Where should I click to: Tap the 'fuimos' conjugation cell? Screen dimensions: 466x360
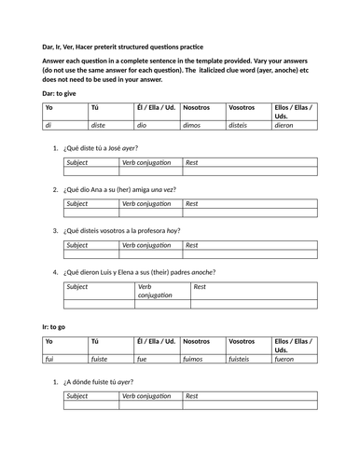tap(197, 358)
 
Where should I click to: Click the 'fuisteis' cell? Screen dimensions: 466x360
tap(244, 358)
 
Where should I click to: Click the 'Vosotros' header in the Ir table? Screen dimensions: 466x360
tap(245, 341)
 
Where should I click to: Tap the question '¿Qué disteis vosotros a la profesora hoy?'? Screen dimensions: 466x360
tap(122, 230)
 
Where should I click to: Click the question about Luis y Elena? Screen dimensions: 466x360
tap(139, 271)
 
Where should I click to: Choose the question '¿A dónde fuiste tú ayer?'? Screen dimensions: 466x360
tap(98, 382)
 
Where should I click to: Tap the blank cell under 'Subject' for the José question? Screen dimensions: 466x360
tap(91, 171)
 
